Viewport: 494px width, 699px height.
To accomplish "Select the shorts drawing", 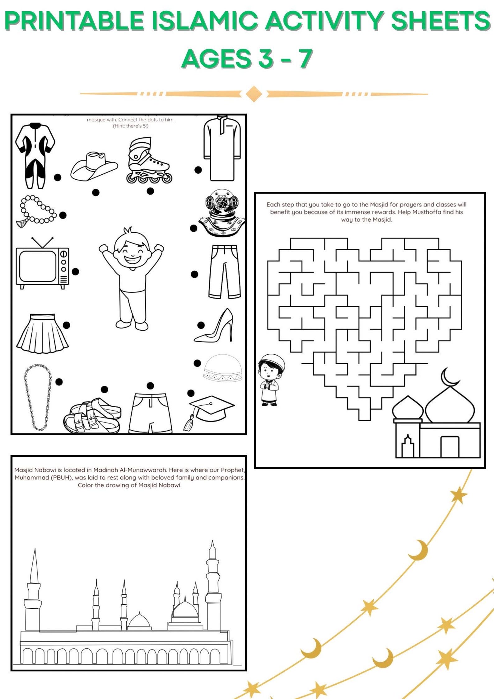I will [x=151, y=413].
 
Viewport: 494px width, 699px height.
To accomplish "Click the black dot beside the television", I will [x=76, y=272].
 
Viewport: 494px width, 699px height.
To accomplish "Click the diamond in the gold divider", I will [x=254, y=94].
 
